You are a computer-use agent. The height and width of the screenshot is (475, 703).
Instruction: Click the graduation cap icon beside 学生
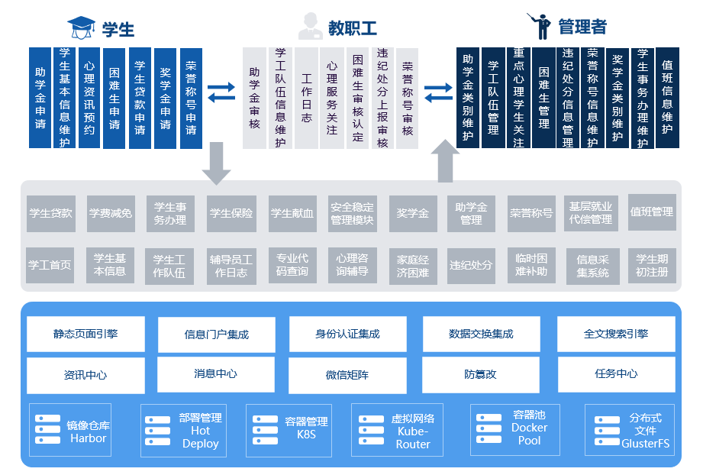(x=82, y=27)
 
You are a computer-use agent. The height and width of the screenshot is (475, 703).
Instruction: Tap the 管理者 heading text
(x=582, y=27)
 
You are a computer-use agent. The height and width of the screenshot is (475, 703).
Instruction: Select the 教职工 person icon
(x=309, y=27)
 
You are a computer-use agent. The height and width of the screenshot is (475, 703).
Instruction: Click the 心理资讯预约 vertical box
(x=89, y=98)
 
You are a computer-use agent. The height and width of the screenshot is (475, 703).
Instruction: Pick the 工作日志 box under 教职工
(x=306, y=98)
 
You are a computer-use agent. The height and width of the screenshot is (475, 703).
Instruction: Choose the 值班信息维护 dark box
(x=667, y=98)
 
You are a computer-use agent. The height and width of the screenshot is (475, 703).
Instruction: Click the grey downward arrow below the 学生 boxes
(x=216, y=163)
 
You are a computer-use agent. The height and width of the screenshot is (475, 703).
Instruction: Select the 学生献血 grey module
(x=292, y=213)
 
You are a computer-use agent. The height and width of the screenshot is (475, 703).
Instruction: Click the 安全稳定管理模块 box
(x=352, y=213)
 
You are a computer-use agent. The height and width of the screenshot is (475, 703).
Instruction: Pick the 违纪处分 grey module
(x=471, y=264)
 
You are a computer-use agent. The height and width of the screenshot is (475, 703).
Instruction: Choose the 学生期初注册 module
(x=652, y=265)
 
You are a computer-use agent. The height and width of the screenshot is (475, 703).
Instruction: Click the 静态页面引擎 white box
(x=85, y=334)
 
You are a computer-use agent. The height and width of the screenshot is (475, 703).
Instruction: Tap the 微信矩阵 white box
(x=347, y=375)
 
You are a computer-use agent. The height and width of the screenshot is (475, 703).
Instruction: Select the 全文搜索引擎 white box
(x=616, y=334)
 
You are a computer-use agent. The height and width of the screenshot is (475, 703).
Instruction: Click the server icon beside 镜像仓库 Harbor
(x=47, y=429)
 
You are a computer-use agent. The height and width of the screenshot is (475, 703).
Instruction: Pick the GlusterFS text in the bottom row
(x=646, y=443)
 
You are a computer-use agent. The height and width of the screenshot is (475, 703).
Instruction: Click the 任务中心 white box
(x=616, y=374)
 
